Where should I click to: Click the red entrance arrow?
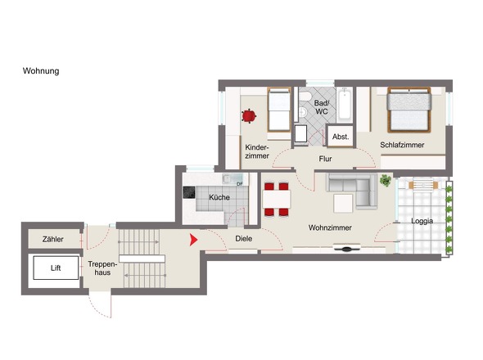193,240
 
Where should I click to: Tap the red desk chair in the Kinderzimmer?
249,116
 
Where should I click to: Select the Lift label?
56,268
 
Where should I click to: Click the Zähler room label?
53,239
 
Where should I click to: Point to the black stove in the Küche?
189,192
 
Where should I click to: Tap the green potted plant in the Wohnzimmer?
386,180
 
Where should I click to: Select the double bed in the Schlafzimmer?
409,110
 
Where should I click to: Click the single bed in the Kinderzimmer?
279,110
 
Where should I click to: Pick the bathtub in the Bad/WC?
344,105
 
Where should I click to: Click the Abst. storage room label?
341,137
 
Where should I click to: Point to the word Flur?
325,159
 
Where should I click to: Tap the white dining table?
277,200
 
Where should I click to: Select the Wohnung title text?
41,71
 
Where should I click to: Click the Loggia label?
422,221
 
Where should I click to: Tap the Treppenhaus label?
102,268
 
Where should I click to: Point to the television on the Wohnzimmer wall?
347,248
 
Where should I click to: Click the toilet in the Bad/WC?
305,97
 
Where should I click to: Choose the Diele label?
244,238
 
